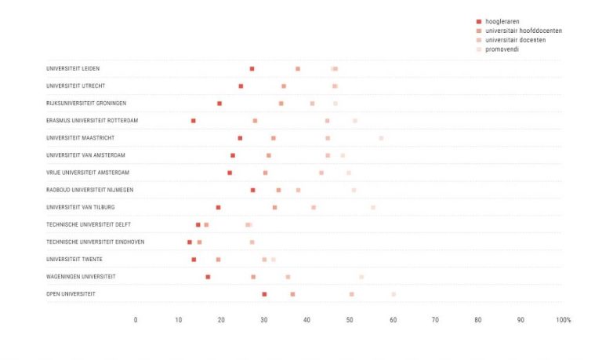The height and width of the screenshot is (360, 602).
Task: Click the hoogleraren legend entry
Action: (x=502, y=21)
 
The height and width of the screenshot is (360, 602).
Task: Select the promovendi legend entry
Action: (x=502, y=49)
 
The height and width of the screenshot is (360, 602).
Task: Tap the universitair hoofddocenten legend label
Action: (x=524, y=31)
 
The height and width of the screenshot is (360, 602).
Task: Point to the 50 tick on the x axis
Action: (x=350, y=320)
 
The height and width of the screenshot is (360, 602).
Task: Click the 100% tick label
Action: (x=563, y=320)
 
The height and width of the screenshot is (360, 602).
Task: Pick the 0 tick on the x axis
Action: (x=136, y=320)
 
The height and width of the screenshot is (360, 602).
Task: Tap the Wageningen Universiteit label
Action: (x=81, y=277)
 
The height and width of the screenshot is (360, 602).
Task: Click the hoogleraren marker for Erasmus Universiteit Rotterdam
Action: (x=193, y=121)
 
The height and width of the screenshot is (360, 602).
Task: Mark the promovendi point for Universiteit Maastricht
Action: (x=381, y=138)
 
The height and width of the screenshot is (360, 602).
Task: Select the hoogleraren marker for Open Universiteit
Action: (x=264, y=294)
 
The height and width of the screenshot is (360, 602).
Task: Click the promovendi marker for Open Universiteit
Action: (x=393, y=294)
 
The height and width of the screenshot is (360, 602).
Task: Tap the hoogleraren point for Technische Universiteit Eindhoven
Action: (x=190, y=242)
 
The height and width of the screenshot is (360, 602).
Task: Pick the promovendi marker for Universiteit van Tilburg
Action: (x=373, y=207)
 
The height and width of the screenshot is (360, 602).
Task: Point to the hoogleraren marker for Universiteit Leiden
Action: (x=252, y=69)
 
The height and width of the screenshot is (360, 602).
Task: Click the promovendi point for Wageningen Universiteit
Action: (x=361, y=277)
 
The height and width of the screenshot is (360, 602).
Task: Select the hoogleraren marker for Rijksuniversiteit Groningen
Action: (x=219, y=104)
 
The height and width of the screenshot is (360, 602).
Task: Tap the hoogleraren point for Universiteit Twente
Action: (x=194, y=260)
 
